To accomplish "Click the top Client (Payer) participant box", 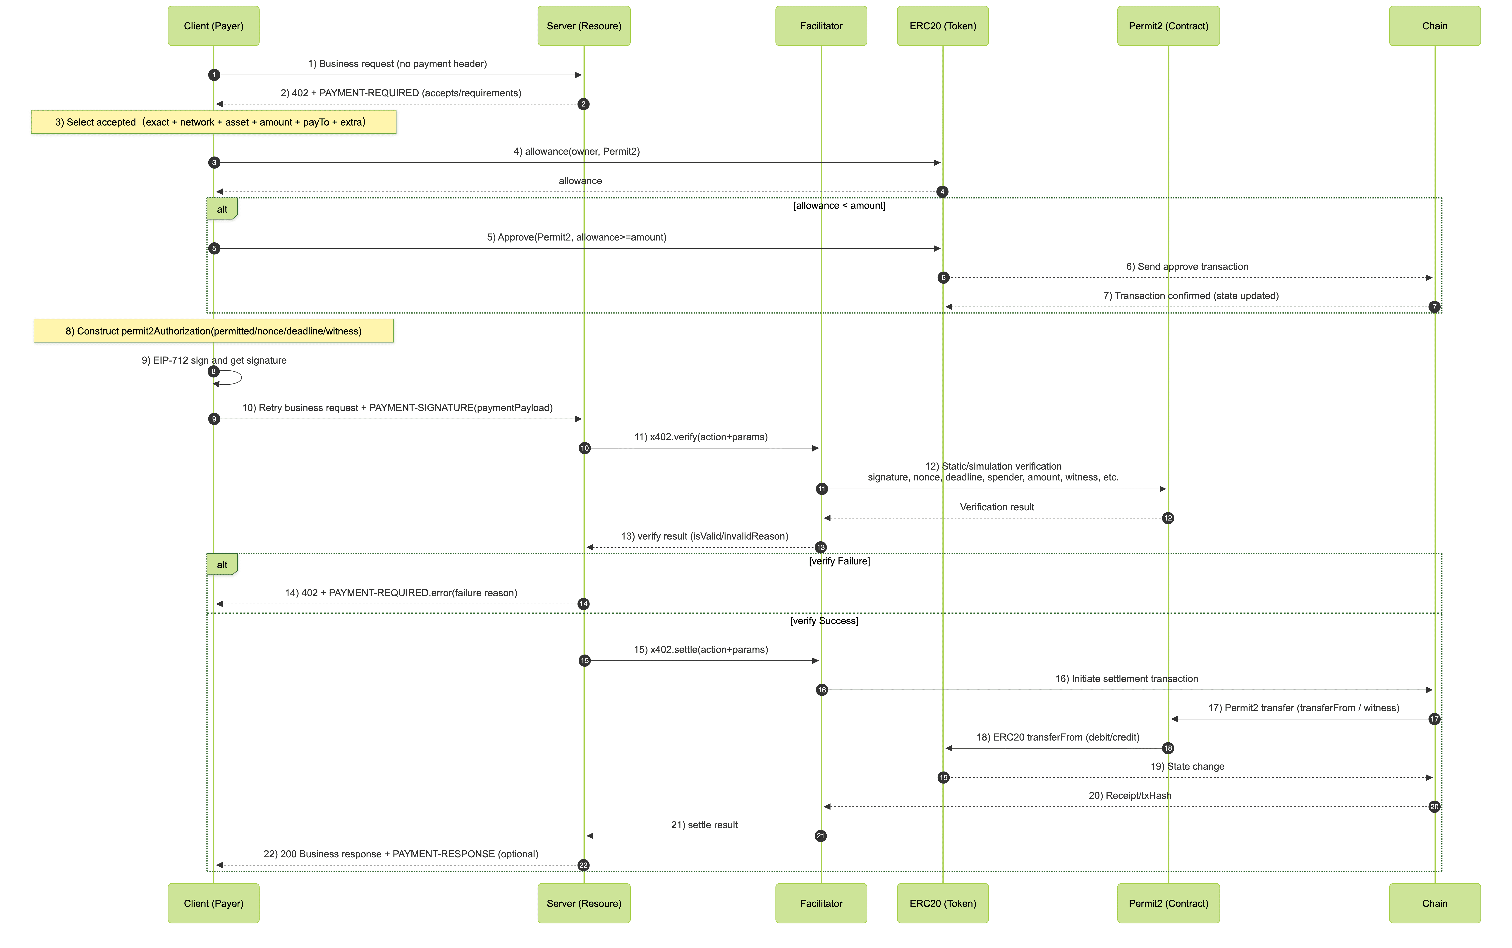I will pyautogui.click(x=213, y=26).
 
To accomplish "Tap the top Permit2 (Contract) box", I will pyautogui.click(x=1168, y=26).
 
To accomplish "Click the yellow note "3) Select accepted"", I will pyautogui.click(x=213, y=122).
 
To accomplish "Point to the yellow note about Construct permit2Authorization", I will pyautogui.click(x=213, y=331).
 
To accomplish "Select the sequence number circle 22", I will pyautogui.click(x=583, y=865).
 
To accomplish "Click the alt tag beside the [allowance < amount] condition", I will pyautogui.click(x=222, y=209).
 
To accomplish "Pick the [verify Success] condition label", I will pyautogui.click(x=824, y=621).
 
